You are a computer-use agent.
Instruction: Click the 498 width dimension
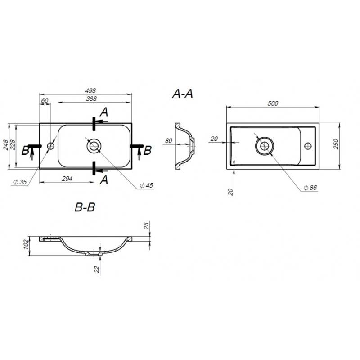(x=90, y=91)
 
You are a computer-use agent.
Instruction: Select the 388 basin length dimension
(x=91, y=99)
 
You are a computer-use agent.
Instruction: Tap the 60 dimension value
(x=45, y=100)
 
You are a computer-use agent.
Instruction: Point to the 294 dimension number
(x=67, y=179)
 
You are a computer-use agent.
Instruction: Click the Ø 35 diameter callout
(x=20, y=182)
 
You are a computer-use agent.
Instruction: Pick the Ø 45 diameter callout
(x=147, y=185)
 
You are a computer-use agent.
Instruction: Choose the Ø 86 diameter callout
(x=310, y=188)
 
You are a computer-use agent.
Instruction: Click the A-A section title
(x=183, y=94)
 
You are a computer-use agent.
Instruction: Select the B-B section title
(x=85, y=207)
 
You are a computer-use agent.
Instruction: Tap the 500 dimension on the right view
(x=273, y=103)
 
